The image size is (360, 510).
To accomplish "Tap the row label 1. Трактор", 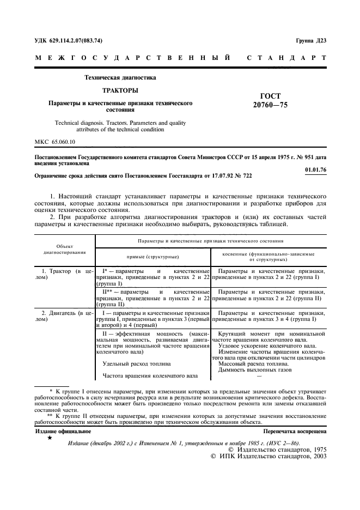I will (56, 271).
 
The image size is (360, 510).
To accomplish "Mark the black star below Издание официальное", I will (50, 438).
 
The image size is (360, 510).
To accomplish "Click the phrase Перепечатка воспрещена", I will (295, 431).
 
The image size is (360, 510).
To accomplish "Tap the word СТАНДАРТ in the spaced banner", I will (286, 58).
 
